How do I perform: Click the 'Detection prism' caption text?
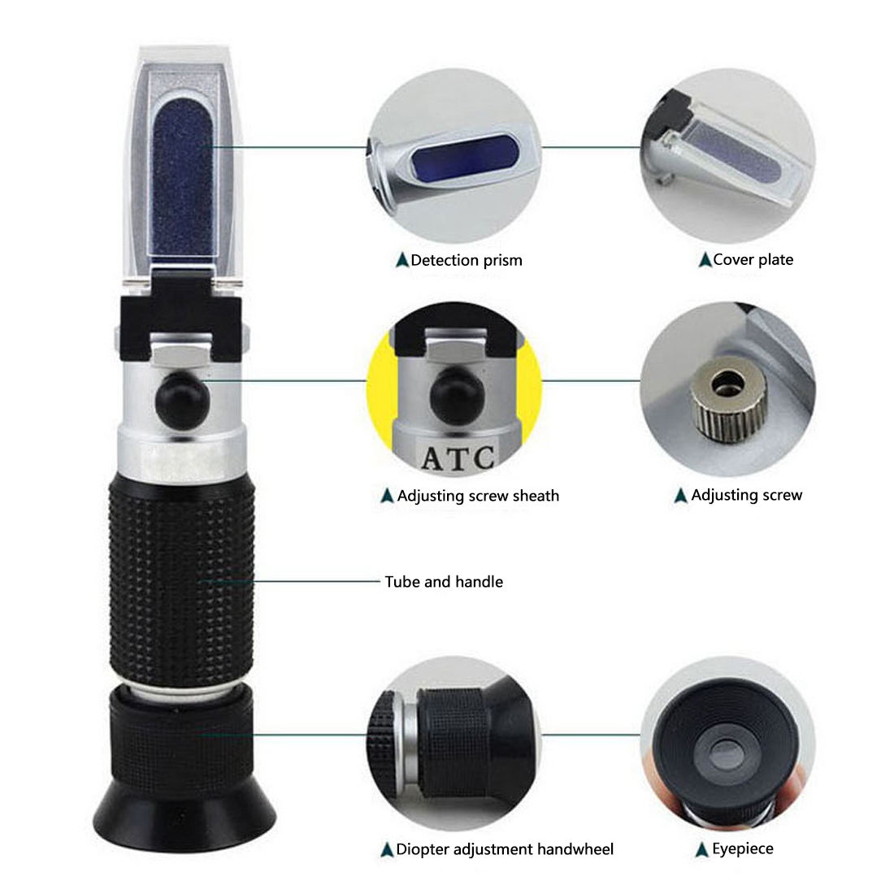[x=467, y=260]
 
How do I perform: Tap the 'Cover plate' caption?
[x=753, y=259]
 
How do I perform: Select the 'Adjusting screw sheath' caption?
[x=478, y=496]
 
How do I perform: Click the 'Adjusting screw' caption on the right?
[x=746, y=495]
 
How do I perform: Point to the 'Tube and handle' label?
[x=444, y=582]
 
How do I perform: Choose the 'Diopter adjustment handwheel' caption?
[x=505, y=849]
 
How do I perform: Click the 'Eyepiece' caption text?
[x=743, y=848]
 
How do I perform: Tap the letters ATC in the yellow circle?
[x=458, y=458]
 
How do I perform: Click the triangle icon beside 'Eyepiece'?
[x=702, y=849]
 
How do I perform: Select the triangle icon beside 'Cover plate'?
[x=705, y=260]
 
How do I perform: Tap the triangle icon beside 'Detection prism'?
[x=401, y=260]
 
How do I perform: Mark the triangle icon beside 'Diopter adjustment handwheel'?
[x=387, y=850]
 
